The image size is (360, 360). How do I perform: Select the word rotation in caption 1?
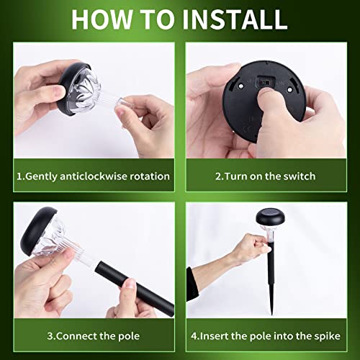click(148, 176)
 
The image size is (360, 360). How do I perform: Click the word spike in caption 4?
click(328, 336)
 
